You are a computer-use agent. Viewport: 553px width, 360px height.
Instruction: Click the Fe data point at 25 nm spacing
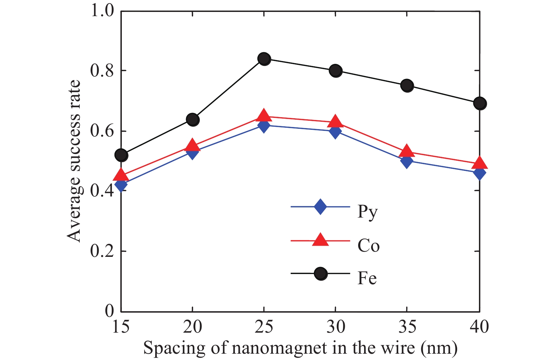(x=264, y=59)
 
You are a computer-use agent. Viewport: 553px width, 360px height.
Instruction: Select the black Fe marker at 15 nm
(x=121, y=155)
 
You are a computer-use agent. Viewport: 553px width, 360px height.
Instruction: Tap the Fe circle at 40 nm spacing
(x=480, y=103)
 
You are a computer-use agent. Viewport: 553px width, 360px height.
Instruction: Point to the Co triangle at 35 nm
(x=407, y=151)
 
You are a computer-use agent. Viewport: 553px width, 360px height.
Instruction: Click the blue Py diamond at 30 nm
(x=335, y=132)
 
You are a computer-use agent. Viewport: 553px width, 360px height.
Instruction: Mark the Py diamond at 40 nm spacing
(x=479, y=172)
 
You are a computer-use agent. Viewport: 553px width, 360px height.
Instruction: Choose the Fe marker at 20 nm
(x=193, y=120)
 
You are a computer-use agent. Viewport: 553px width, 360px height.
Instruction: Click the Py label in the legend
(x=367, y=212)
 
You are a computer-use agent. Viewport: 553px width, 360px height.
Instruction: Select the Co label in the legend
(x=368, y=245)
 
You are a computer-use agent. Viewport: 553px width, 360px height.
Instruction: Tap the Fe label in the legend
(x=367, y=278)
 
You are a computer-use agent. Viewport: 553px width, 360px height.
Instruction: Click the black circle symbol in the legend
(x=321, y=274)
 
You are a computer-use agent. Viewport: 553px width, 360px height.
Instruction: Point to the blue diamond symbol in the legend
(x=320, y=207)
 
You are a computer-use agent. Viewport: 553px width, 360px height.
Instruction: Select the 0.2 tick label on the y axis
(x=102, y=251)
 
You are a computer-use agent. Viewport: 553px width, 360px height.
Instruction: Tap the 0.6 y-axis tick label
(x=102, y=131)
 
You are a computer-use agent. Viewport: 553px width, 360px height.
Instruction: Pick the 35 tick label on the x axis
(x=407, y=327)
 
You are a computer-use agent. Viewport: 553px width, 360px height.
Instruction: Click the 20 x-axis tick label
(x=192, y=327)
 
